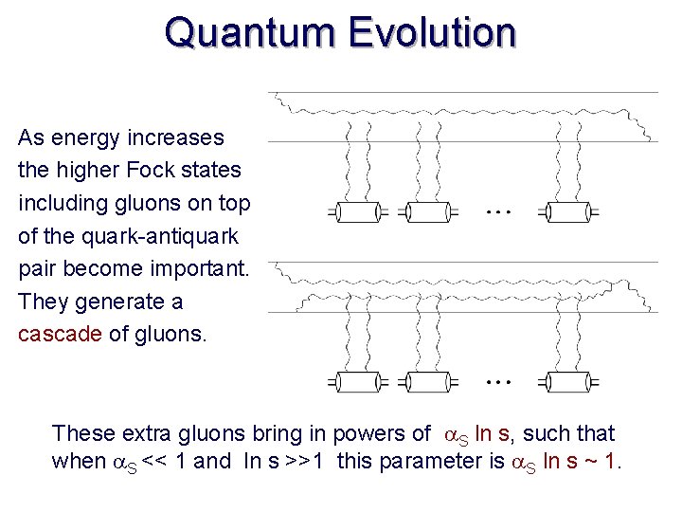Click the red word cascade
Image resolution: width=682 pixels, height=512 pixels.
point(59,335)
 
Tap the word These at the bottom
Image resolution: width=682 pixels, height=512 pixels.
point(82,434)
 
